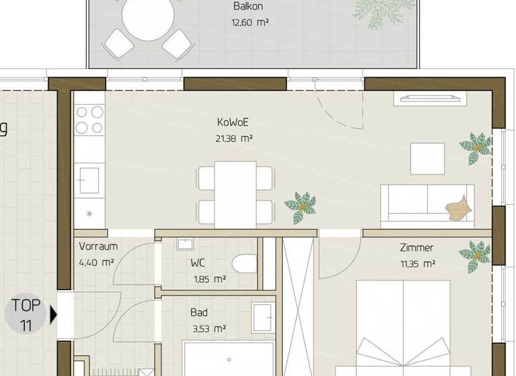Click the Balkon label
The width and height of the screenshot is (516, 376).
(247, 7)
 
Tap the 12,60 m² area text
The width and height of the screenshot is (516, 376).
(249, 21)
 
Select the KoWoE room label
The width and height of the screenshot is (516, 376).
(233, 123)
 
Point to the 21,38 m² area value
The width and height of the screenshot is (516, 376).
(234, 139)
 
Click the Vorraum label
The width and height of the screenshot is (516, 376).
(98, 246)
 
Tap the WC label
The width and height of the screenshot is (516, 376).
(198, 263)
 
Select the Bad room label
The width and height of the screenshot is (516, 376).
(199, 312)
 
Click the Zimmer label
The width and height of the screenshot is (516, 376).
(416, 248)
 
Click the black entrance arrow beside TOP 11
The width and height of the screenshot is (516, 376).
(54, 314)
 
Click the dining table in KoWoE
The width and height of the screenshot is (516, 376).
(235, 194)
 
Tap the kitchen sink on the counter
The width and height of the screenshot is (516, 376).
(89, 180)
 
